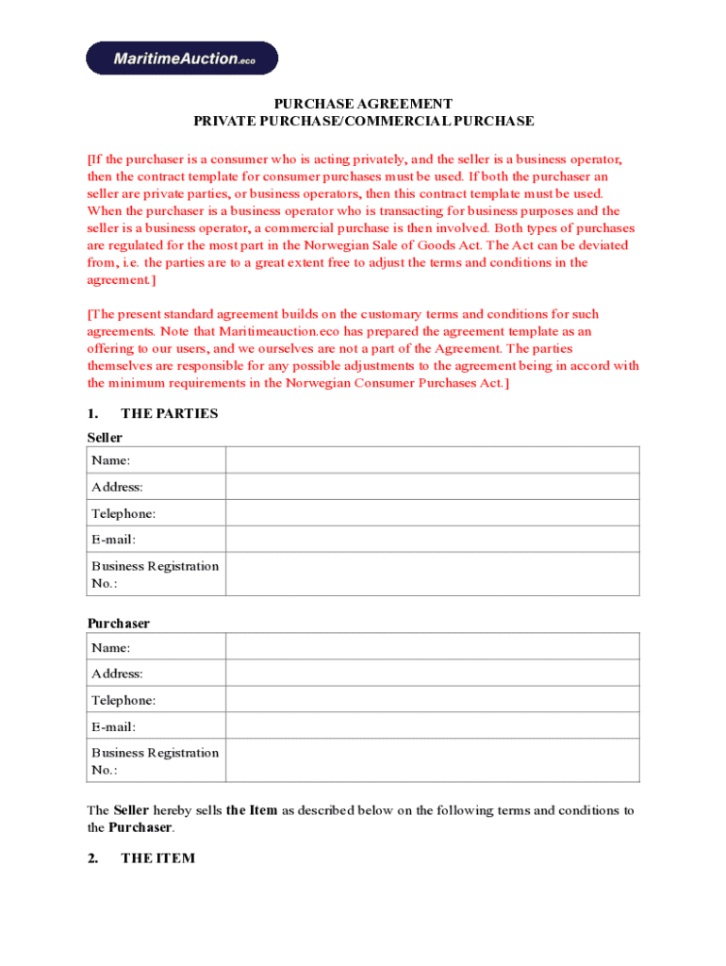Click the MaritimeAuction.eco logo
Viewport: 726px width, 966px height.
[x=182, y=58]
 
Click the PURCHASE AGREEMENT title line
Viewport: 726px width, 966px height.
[x=363, y=104]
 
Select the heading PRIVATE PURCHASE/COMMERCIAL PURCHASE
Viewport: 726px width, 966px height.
[x=363, y=122]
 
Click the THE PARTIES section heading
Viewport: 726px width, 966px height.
[x=169, y=413]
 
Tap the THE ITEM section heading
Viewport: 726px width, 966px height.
[x=157, y=858]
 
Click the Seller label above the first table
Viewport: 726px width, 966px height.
[x=105, y=438]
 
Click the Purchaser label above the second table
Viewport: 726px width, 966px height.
[x=118, y=624]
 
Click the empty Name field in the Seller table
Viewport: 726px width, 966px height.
[x=432, y=460]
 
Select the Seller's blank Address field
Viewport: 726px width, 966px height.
[x=432, y=487]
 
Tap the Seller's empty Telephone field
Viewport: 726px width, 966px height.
[x=432, y=513]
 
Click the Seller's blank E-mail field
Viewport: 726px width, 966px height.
[x=432, y=540]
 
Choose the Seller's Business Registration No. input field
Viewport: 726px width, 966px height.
[x=432, y=575]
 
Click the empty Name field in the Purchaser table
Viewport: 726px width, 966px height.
[x=432, y=647]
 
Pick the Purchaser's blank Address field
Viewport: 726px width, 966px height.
[x=432, y=674]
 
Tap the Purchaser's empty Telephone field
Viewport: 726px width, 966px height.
[x=432, y=700]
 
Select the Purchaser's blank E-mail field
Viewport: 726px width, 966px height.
[x=432, y=726]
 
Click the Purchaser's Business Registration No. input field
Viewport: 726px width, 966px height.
[x=432, y=761]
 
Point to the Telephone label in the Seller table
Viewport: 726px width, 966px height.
[x=124, y=514]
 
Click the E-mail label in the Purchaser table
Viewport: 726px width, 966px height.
[x=113, y=727]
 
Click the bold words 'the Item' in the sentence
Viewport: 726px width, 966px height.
[x=252, y=810]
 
